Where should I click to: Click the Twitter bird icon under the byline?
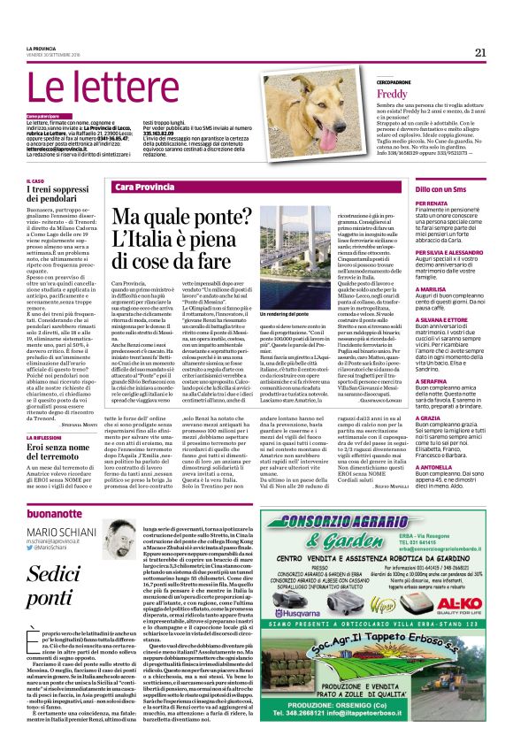click(27, 548)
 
